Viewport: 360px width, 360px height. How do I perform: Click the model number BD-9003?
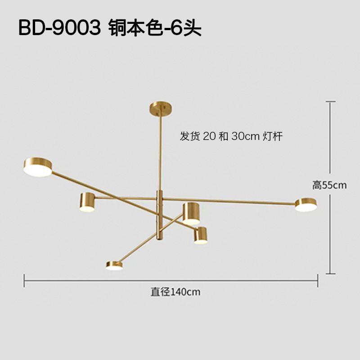coord(58,28)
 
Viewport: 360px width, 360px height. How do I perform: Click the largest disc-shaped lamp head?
coord(38,166)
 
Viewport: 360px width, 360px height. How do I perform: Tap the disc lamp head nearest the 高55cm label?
coord(306,205)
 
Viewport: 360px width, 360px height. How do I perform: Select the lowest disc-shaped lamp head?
coord(114,265)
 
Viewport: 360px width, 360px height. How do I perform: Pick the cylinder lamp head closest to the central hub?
coord(191,213)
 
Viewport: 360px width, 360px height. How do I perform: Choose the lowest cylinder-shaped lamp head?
coord(201,235)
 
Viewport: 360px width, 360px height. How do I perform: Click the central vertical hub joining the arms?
coord(158,215)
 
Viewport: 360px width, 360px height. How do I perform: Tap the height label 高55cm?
coord(330,185)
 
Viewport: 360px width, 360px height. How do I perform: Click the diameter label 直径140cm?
coord(175,292)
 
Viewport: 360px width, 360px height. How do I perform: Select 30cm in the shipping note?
coord(245,136)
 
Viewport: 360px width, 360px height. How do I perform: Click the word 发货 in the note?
coord(190,136)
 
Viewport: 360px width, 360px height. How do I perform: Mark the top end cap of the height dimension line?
coord(331,102)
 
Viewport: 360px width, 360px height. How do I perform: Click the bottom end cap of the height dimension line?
coord(331,273)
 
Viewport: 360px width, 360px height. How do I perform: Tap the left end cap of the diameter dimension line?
coord(24,282)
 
